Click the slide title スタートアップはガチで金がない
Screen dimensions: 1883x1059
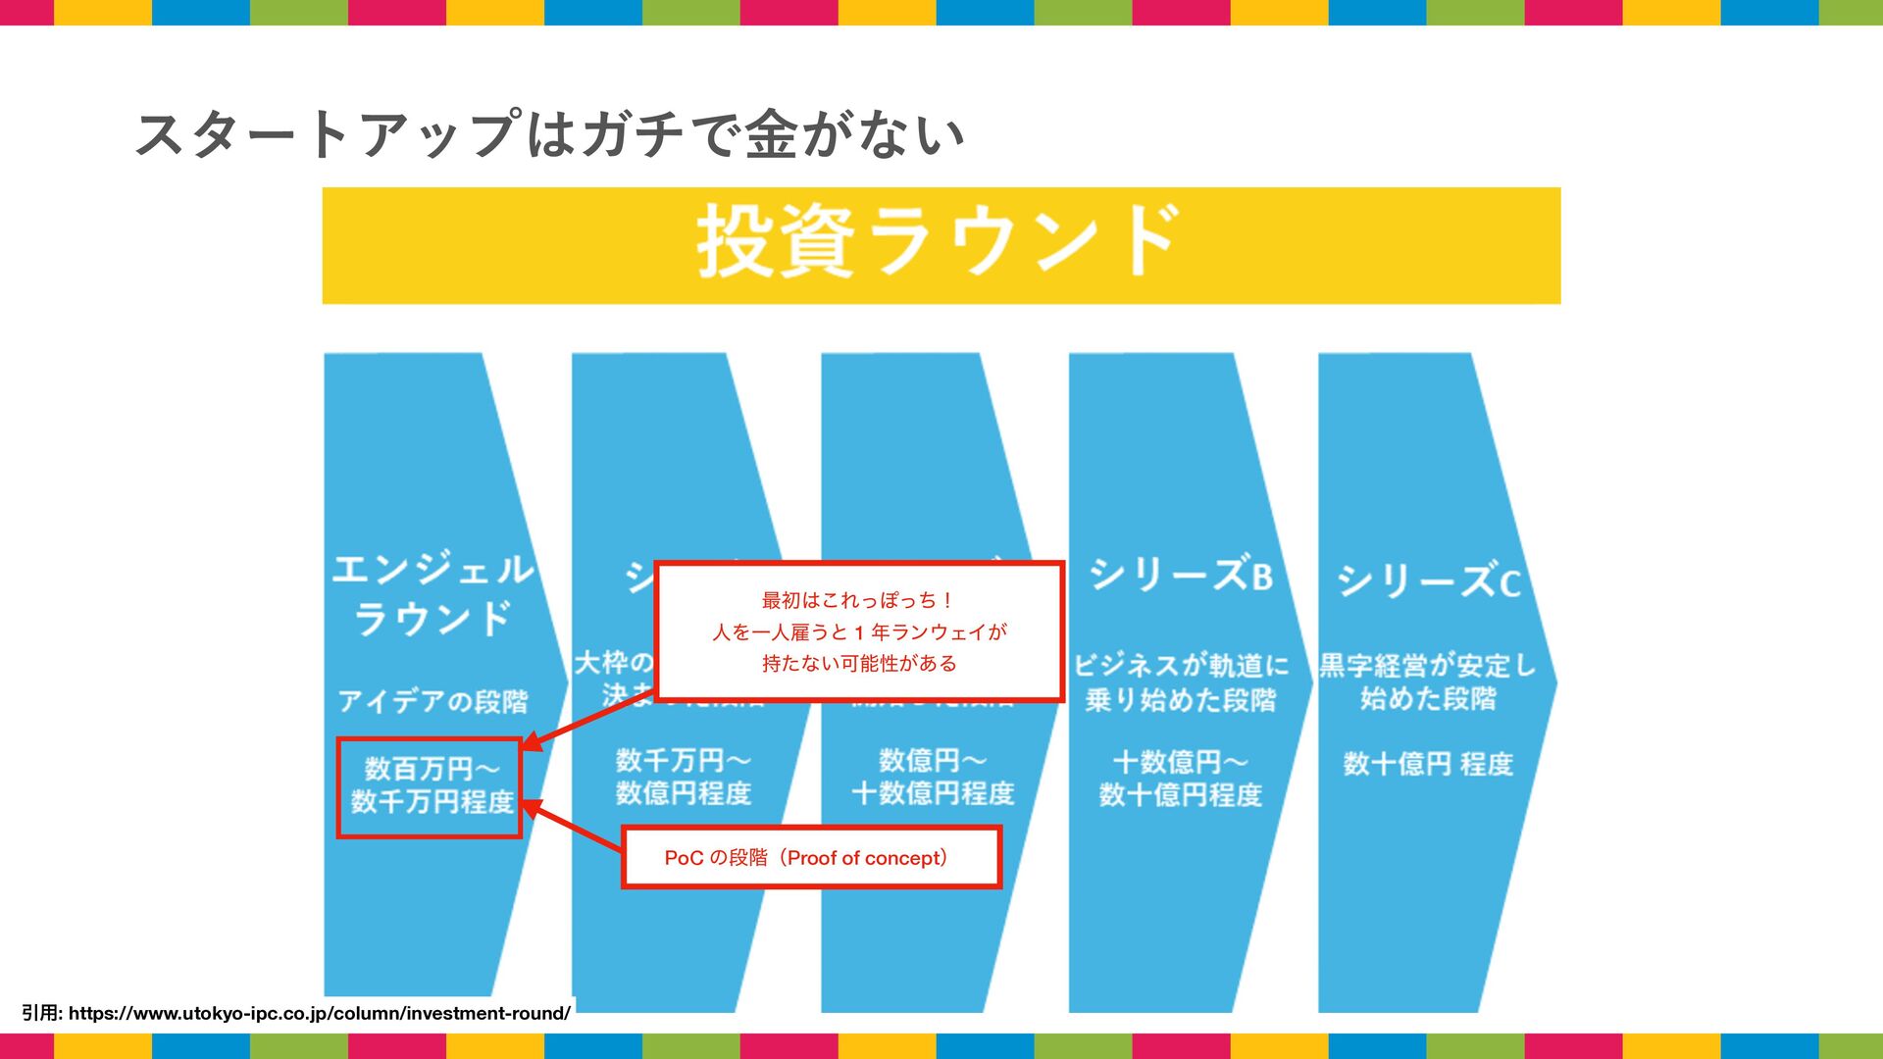[x=549, y=134]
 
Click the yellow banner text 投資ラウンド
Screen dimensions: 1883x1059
[x=937, y=242]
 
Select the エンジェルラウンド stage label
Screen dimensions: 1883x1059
[x=432, y=594]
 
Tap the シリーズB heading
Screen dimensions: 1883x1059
[x=1180, y=575]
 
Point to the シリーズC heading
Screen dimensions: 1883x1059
[x=1428, y=580]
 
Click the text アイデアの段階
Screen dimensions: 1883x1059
[x=433, y=701]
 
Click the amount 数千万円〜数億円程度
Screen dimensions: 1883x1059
[x=683, y=777]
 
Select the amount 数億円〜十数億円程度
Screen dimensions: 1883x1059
[x=932, y=777]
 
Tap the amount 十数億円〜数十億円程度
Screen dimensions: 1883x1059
[x=1180, y=778]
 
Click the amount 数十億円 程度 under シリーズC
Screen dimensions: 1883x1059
[x=1428, y=764]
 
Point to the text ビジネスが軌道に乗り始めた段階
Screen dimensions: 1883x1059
[x=1181, y=682]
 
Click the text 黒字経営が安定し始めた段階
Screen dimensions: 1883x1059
[x=1428, y=681]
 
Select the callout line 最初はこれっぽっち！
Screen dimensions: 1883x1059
[x=858, y=600]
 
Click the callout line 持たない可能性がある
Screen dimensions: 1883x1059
[x=859, y=664]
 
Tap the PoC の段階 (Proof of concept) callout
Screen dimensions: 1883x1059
[x=810, y=858]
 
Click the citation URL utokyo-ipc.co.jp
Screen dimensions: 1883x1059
[x=319, y=1014]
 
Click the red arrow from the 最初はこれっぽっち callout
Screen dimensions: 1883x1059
[x=588, y=722]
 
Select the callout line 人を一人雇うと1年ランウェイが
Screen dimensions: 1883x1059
[x=859, y=632]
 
